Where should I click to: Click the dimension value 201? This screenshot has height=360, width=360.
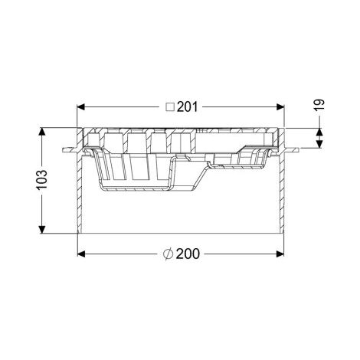(x=188, y=107)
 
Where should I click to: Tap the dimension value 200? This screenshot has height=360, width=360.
(x=188, y=254)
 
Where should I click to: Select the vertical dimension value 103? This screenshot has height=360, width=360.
(x=42, y=179)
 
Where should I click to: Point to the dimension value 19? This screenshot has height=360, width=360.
(x=319, y=104)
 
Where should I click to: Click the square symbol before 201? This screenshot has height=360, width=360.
(x=170, y=107)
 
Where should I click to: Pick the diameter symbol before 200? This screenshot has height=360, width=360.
(x=169, y=254)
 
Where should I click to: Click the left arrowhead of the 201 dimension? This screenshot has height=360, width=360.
(x=80, y=107)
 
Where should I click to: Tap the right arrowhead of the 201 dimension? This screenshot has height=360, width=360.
(x=280, y=107)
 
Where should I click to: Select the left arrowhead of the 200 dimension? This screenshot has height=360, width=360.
(x=80, y=254)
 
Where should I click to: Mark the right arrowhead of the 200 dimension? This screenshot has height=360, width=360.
(x=280, y=254)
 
